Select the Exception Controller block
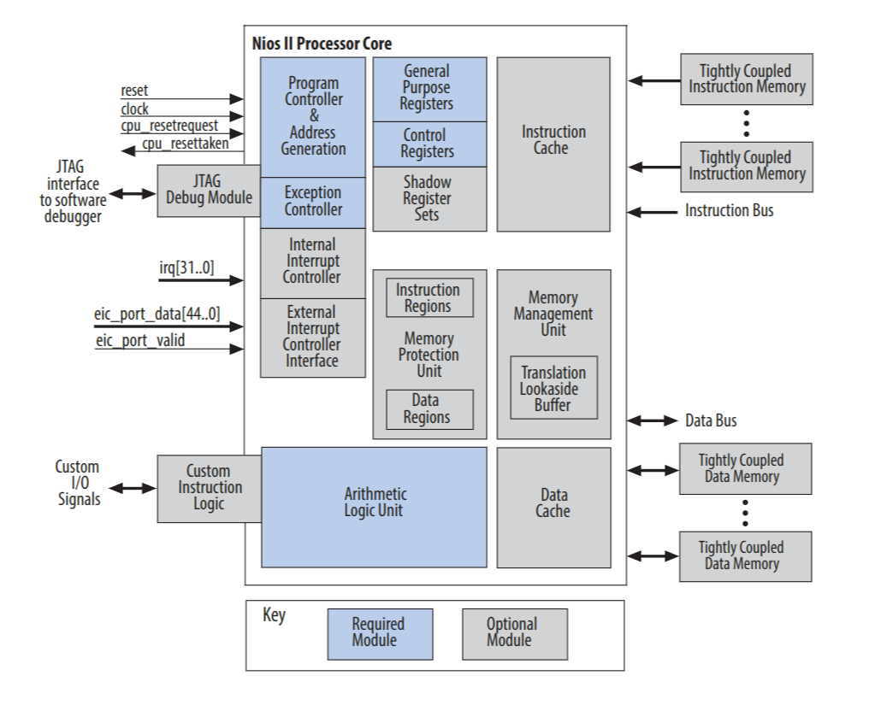313,202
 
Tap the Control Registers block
429,144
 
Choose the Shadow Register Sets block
429,198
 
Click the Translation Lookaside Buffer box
553,388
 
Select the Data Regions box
429,409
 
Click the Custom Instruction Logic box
209,488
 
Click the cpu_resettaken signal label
185,144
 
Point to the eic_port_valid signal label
140,342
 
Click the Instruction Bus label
729,209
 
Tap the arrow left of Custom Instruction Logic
132,489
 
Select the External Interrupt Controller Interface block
313,337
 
